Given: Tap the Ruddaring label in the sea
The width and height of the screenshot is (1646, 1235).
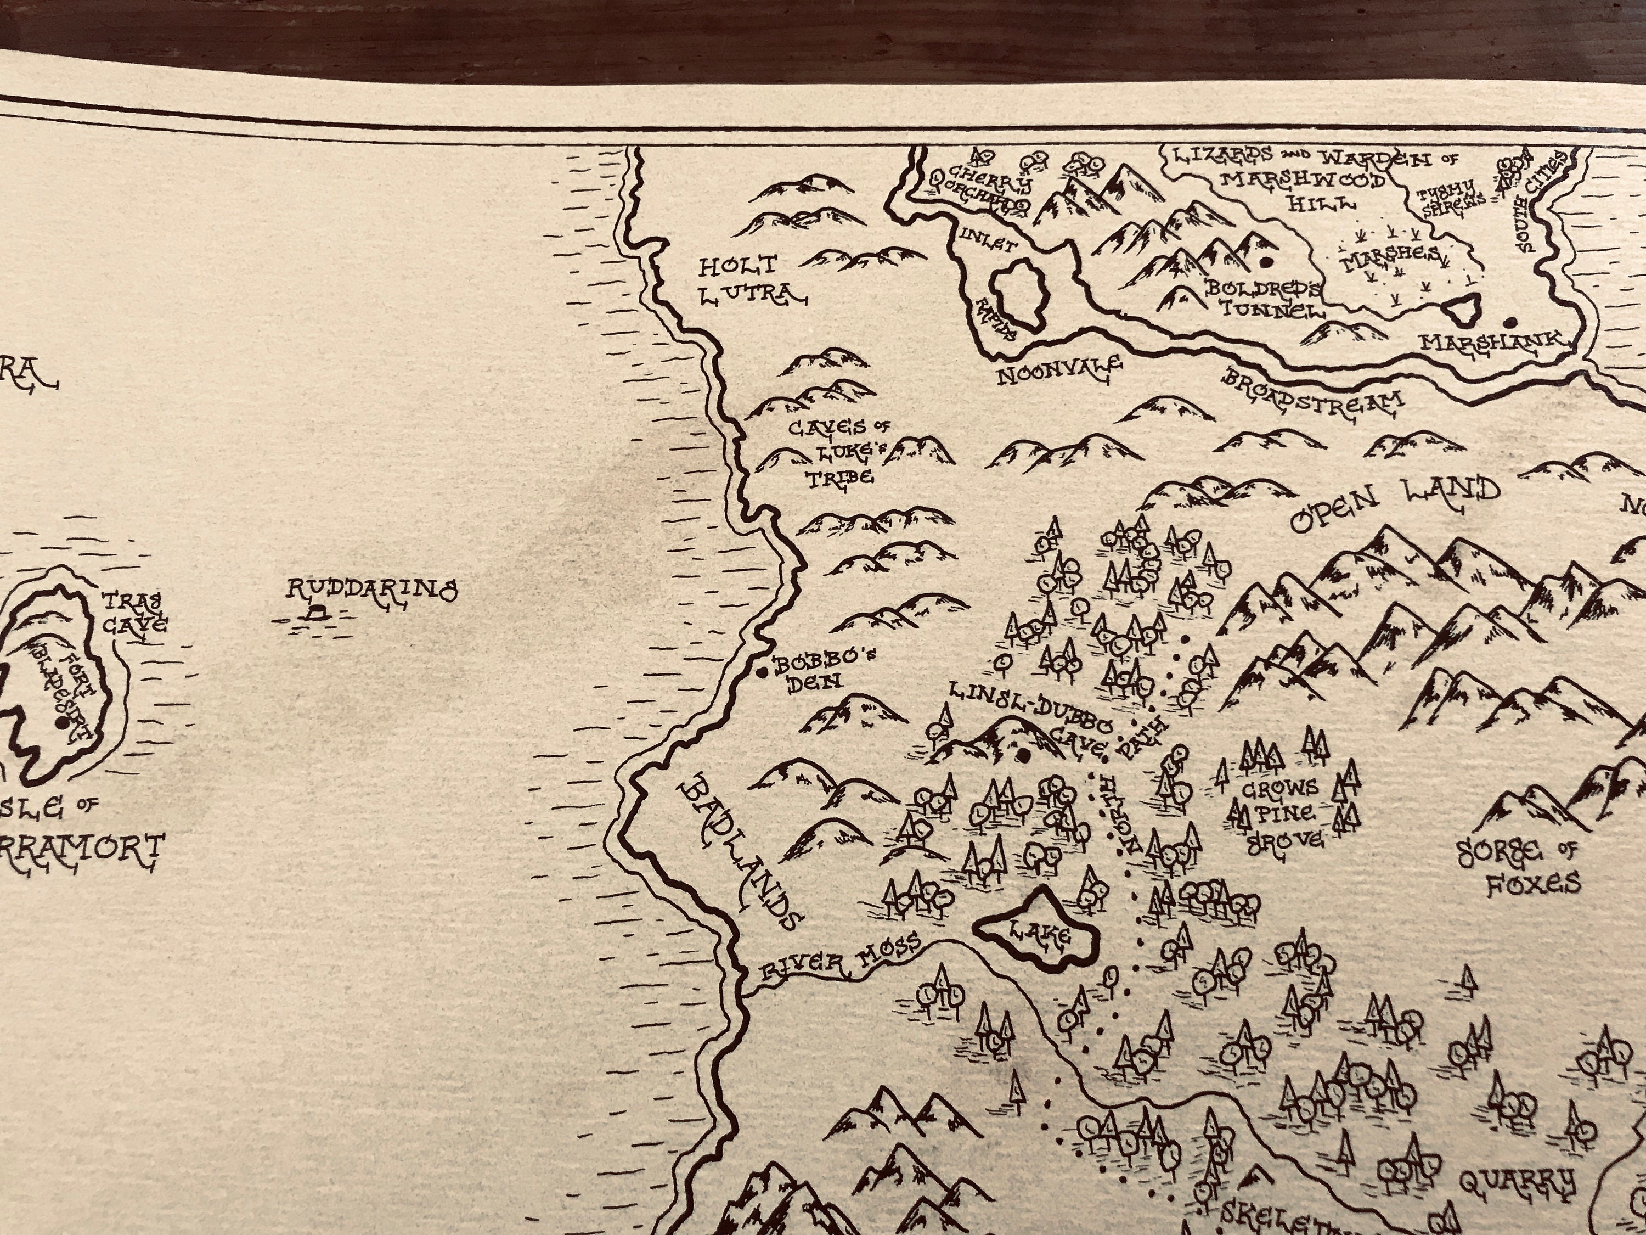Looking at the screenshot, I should coord(372,590).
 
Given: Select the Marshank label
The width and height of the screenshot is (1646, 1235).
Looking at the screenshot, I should coord(1493,343).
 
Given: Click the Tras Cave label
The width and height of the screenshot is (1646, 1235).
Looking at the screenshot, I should coord(134,612).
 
